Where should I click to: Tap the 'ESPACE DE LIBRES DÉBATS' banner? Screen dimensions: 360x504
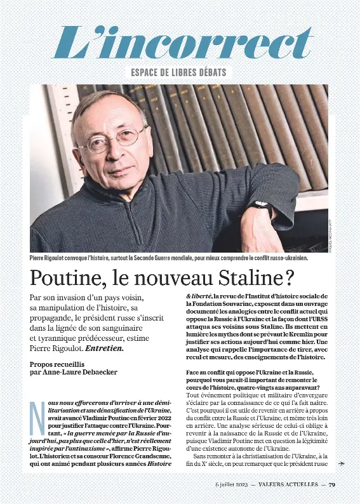(179, 72)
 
